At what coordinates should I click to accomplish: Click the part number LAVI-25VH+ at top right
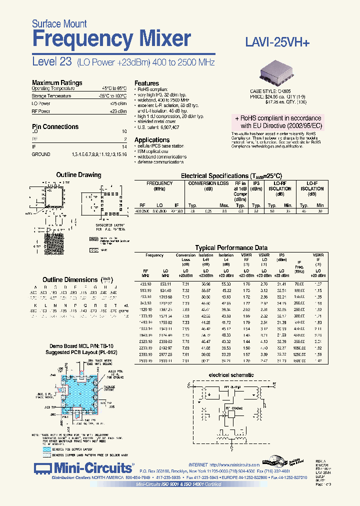[278, 43]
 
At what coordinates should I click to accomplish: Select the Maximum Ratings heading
[57, 83]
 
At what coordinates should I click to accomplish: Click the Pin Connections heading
[55, 127]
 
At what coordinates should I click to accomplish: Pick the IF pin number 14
[124, 146]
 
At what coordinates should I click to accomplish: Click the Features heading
[146, 83]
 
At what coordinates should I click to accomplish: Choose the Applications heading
[152, 140]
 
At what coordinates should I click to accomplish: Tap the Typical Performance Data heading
[231, 248]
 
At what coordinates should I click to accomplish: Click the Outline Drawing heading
[78, 175]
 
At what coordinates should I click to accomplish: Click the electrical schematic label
[231, 375]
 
